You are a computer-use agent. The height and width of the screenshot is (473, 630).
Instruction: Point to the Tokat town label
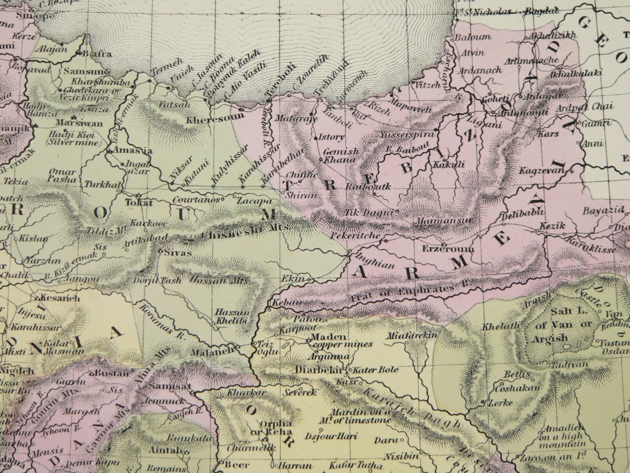pyautogui.click(x=139, y=203)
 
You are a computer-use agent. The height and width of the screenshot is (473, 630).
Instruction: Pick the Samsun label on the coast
pyautogui.click(x=86, y=72)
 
